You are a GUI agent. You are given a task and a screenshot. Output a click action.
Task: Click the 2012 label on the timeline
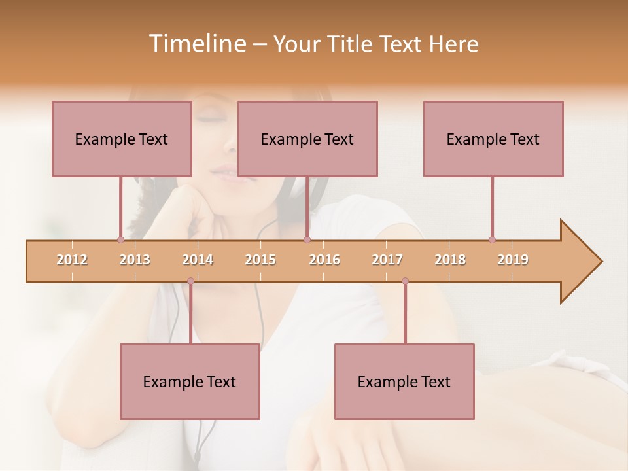(72, 260)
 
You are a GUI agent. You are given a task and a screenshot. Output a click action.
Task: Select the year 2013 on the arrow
(135, 260)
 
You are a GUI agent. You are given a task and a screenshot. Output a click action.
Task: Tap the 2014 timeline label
(198, 260)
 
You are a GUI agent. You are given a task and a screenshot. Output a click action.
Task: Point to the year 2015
(260, 260)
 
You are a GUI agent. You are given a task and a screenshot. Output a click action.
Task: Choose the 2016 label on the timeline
(324, 260)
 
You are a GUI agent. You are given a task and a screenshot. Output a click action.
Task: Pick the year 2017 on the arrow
(387, 260)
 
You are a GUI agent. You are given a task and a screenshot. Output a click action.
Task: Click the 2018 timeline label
(450, 260)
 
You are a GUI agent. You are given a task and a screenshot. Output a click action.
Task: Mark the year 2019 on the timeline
(513, 260)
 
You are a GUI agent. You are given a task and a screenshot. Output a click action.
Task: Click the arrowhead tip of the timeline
(601, 262)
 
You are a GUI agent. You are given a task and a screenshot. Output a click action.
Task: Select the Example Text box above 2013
(122, 139)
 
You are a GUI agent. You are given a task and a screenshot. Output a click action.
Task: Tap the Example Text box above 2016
(307, 139)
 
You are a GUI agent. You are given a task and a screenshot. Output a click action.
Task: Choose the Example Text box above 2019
(493, 139)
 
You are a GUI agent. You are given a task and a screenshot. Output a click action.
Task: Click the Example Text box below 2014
(190, 381)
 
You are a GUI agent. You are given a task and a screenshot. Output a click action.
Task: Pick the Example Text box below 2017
(404, 381)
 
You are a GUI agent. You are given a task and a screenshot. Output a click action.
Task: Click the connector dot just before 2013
(120, 239)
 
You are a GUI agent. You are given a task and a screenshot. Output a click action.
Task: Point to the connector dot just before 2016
(307, 239)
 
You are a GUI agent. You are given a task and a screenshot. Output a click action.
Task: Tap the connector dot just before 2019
(492, 239)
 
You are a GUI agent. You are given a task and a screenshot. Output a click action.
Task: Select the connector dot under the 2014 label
(190, 281)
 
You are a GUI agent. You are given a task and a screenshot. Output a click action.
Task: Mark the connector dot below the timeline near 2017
(405, 281)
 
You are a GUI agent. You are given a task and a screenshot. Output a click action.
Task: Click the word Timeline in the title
(196, 44)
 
